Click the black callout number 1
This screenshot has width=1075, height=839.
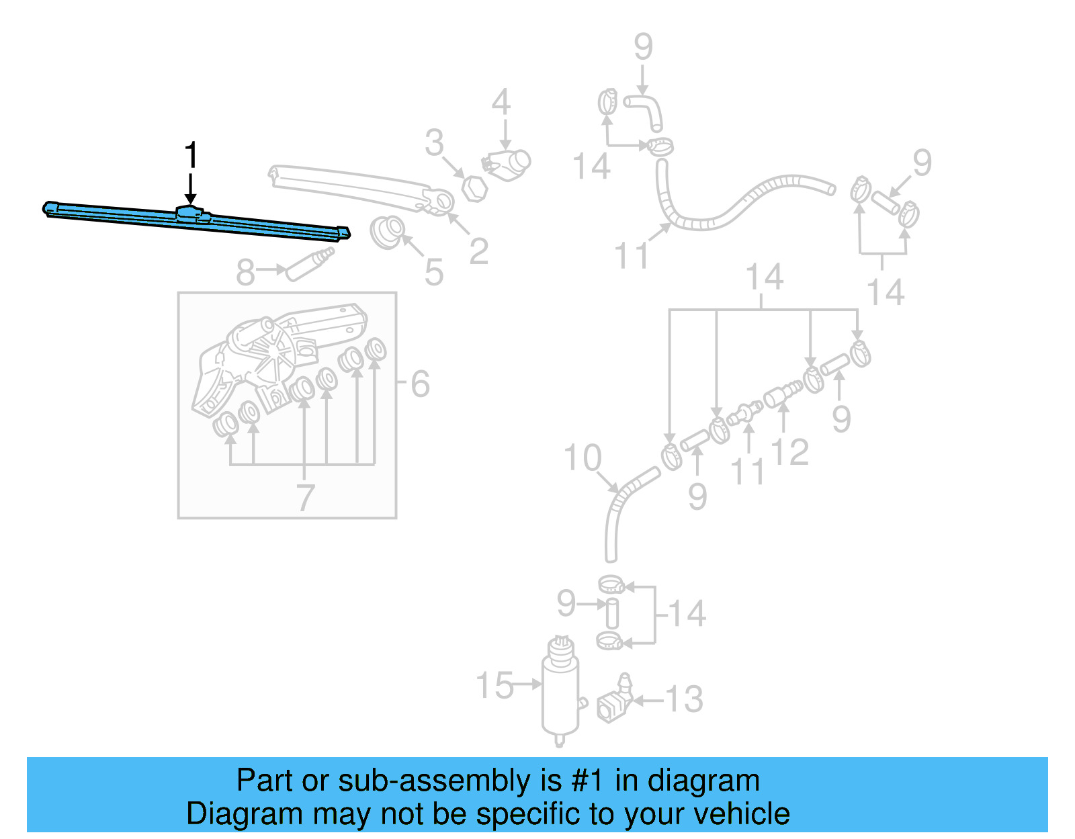pyautogui.click(x=191, y=155)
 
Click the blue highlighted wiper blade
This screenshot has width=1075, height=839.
pyautogui.click(x=195, y=220)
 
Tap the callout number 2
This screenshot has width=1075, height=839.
pyautogui.click(x=478, y=251)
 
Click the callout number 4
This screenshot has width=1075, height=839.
pyautogui.click(x=501, y=102)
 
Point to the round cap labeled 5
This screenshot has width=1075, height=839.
pyautogui.click(x=388, y=232)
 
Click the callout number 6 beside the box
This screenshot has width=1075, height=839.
pyautogui.click(x=420, y=384)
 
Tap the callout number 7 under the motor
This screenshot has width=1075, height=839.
pyautogui.click(x=306, y=498)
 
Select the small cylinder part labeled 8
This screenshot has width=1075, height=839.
pyautogui.click(x=309, y=264)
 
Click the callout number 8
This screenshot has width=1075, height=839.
pyautogui.click(x=245, y=272)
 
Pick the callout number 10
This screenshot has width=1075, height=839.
pyautogui.click(x=582, y=458)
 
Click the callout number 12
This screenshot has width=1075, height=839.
pyautogui.click(x=790, y=452)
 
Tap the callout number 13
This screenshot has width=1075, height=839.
pyautogui.click(x=684, y=699)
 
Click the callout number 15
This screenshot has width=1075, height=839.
pyautogui.click(x=494, y=686)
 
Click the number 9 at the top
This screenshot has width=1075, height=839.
pyautogui.click(x=643, y=47)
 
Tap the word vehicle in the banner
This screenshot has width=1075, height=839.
pyautogui.click(x=742, y=814)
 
